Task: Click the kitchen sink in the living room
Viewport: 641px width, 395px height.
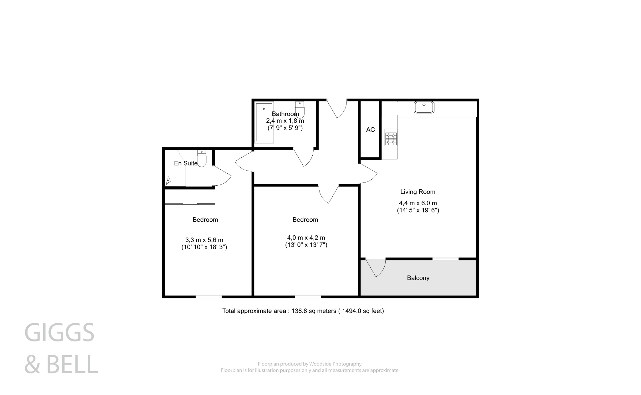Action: (x=424, y=107)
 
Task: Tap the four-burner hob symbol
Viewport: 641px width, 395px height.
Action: (x=391, y=139)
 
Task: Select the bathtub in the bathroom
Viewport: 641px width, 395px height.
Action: (x=264, y=122)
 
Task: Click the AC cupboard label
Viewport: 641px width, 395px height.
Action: (x=370, y=130)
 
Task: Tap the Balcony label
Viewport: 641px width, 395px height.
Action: (x=418, y=278)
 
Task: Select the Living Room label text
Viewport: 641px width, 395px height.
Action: (x=418, y=192)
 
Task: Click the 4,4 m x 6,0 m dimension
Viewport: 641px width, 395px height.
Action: (x=418, y=203)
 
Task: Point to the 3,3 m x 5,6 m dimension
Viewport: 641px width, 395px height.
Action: (x=204, y=240)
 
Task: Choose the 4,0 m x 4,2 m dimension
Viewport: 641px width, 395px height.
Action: (x=306, y=238)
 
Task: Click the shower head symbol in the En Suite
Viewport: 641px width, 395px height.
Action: (x=168, y=181)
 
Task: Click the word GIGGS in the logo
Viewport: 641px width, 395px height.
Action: (x=59, y=333)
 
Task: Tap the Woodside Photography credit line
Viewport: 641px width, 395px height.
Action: (x=309, y=364)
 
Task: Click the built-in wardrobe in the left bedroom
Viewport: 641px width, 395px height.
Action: (x=190, y=197)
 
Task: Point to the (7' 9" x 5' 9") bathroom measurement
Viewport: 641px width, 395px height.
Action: (x=285, y=128)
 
